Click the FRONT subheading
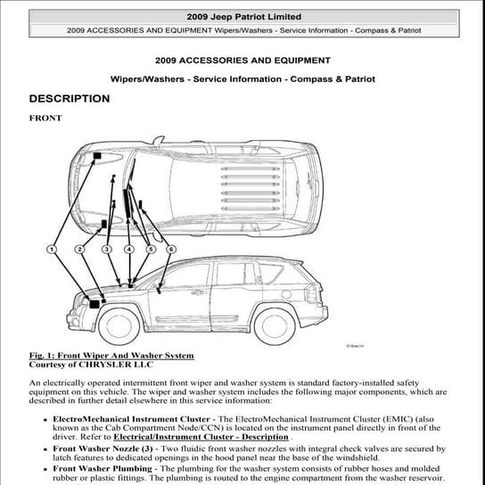(x=45, y=118)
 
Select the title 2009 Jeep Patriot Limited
(x=242, y=17)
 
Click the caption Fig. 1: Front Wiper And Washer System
(x=111, y=356)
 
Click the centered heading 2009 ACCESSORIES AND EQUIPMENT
(x=242, y=61)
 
